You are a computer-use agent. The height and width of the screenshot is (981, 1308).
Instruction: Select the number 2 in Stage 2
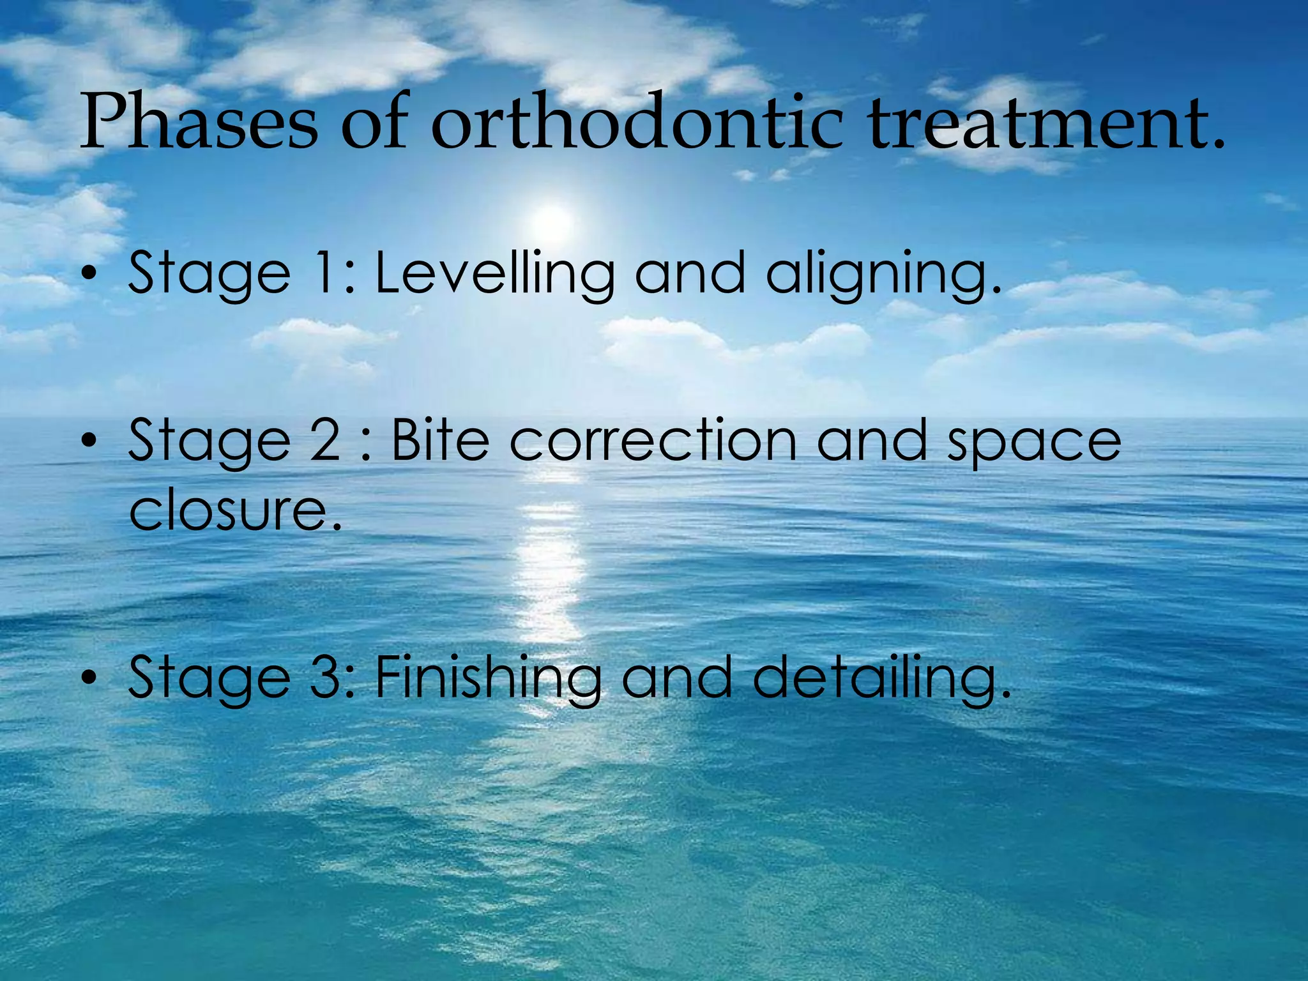click(x=325, y=441)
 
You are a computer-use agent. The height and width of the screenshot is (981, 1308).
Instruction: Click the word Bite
click(x=440, y=441)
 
